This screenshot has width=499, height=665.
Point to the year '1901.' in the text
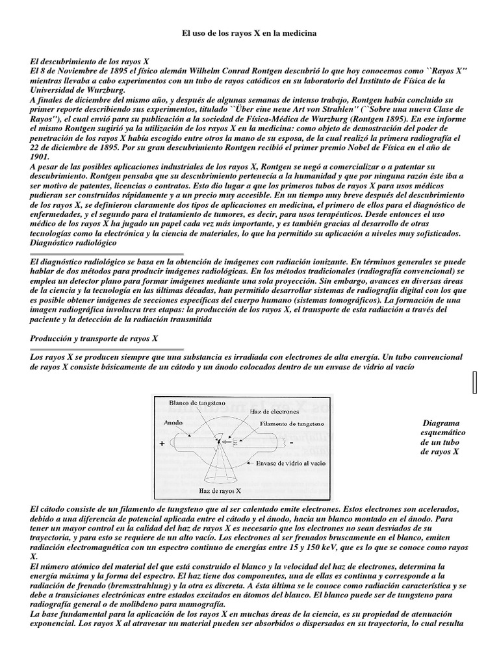pyautogui.click(x=40, y=157)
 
